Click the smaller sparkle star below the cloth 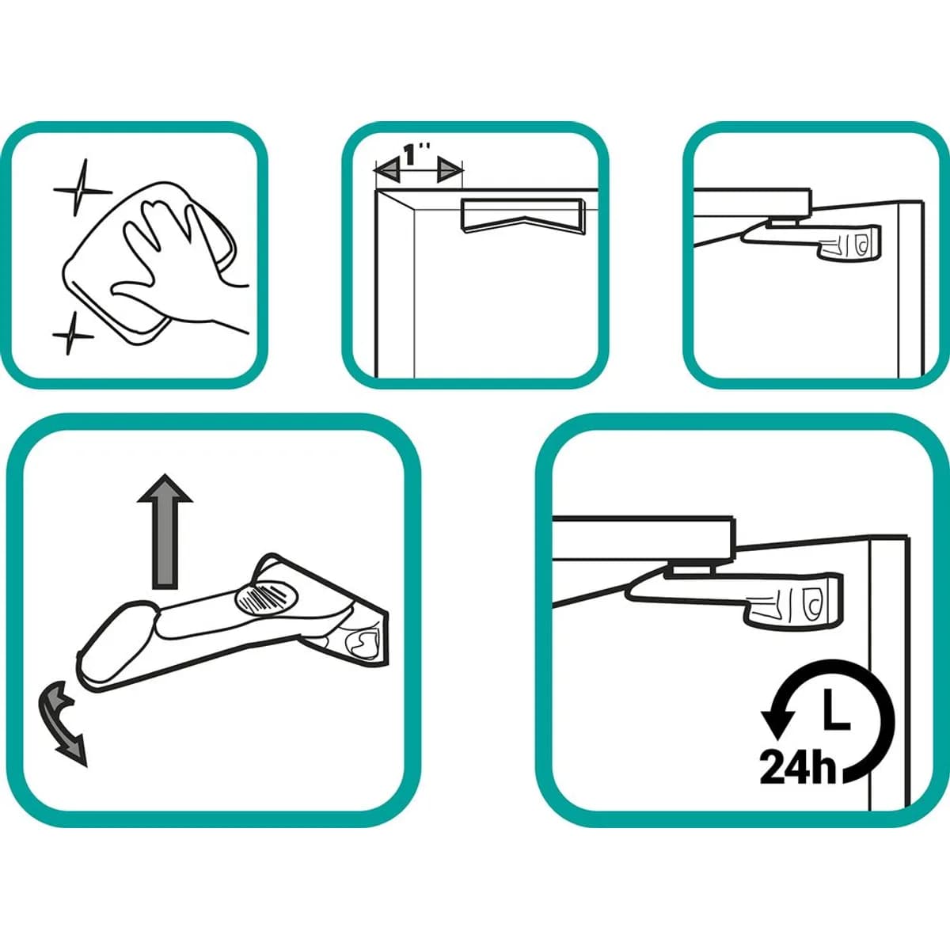73,335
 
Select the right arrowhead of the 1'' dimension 450,171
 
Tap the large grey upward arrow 165,532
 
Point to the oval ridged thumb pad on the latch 268,598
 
